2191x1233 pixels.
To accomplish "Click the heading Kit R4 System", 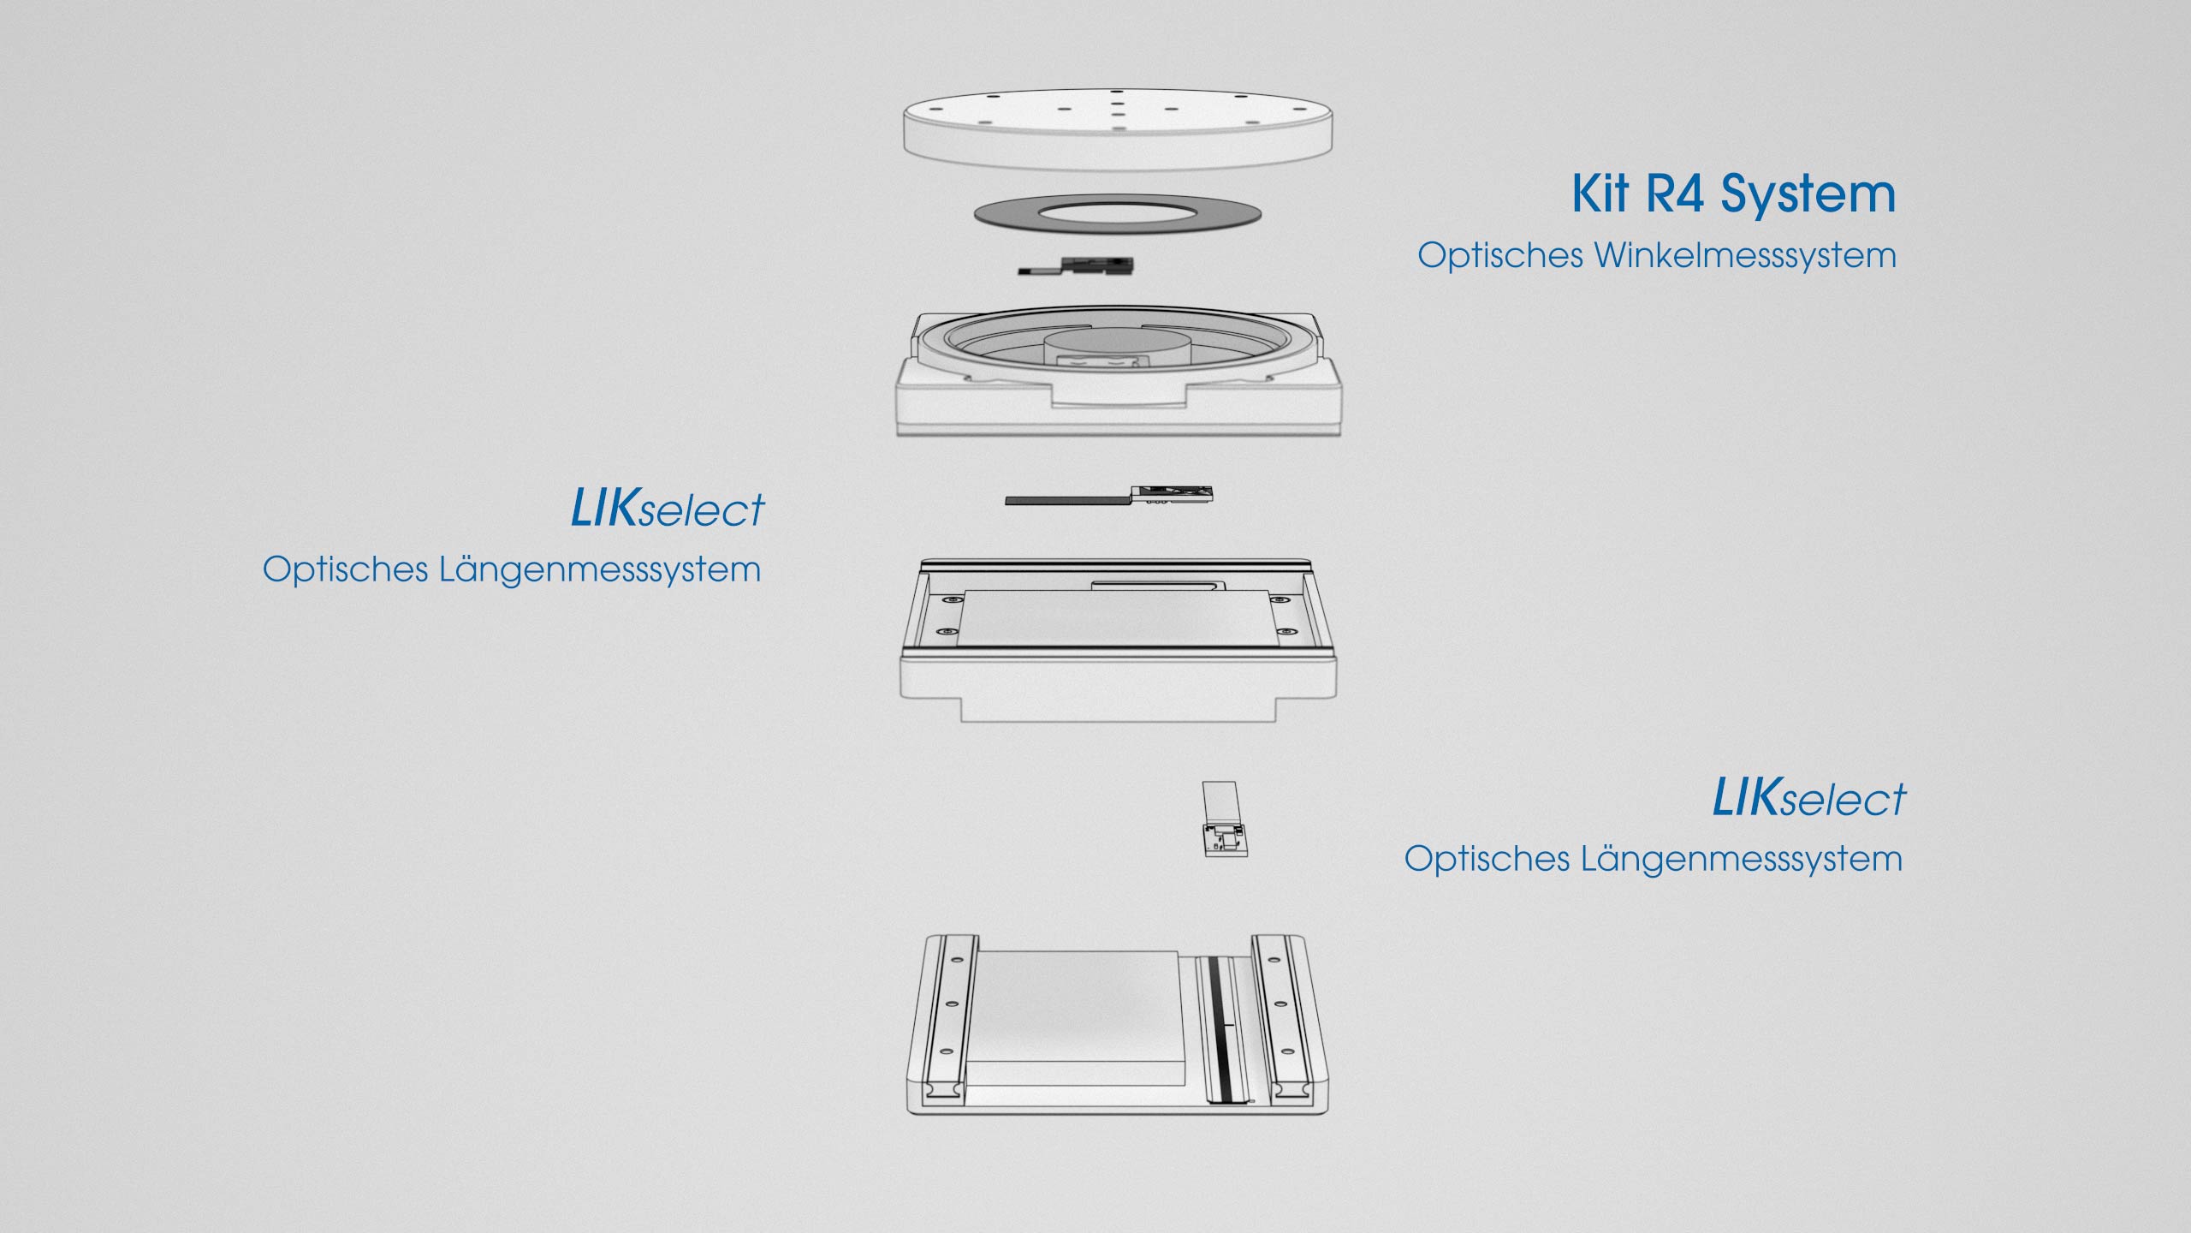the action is point(1734,194).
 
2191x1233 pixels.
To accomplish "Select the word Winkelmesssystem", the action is point(1745,255).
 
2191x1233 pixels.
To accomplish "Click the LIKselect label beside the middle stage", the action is point(668,508).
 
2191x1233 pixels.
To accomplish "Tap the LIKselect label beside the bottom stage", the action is point(1809,797).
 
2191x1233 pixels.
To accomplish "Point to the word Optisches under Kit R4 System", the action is point(1500,255).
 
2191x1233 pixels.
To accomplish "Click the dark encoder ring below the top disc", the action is point(1118,214).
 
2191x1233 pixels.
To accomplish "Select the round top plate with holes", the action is point(1118,128).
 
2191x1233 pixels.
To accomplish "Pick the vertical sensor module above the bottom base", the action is point(1223,819).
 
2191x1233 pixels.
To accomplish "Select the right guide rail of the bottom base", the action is point(1280,1017).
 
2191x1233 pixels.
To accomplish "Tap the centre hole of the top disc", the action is point(1117,110).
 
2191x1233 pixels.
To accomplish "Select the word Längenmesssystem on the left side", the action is point(600,569).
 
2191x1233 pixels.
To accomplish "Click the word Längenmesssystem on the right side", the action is point(1742,859).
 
